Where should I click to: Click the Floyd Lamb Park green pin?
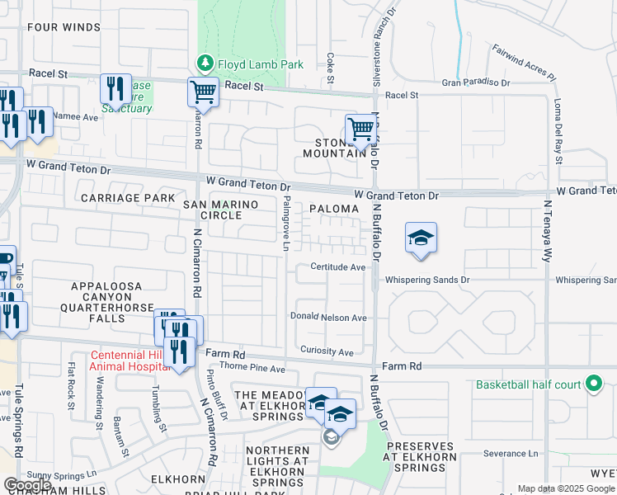[x=204, y=64]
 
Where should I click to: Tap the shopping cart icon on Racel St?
[x=203, y=92]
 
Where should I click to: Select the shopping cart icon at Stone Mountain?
[x=360, y=129]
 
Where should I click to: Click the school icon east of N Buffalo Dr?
[x=421, y=238]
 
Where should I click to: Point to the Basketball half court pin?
[x=592, y=384]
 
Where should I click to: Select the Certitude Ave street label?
[x=337, y=267]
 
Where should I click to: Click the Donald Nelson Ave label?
[x=327, y=318]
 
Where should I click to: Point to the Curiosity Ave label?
[x=327, y=351]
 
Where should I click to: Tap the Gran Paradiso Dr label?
[x=476, y=82]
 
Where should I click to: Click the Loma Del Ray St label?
[x=558, y=132]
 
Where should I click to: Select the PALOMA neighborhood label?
[x=334, y=210]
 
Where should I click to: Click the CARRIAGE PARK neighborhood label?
[x=128, y=198]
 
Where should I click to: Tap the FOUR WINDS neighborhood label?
[x=64, y=27]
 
